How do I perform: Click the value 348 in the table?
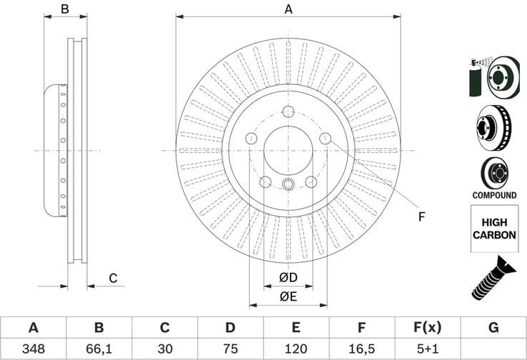[x=33, y=349]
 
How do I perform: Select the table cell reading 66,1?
[x=99, y=349]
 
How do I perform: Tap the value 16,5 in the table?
[x=361, y=349]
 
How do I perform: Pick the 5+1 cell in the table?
[x=426, y=349]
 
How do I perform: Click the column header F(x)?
[x=426, y=328]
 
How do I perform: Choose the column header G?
[x=493, y=328]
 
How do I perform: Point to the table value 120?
[x=296, y=349]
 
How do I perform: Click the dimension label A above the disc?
[x=288, y=9]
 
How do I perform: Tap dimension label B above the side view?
[x=64, y=9]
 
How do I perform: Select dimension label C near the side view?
[x=112, y=279]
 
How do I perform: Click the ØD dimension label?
[x=288, y=277]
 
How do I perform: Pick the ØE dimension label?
[x=288, y=296]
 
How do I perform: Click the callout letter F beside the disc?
[x=421, y=216]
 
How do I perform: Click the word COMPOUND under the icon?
[x=493, y=195]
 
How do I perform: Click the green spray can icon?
[x=475, y=77]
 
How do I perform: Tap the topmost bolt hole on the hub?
[x=288, y=112]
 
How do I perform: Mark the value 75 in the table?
[x=230, y=349]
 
